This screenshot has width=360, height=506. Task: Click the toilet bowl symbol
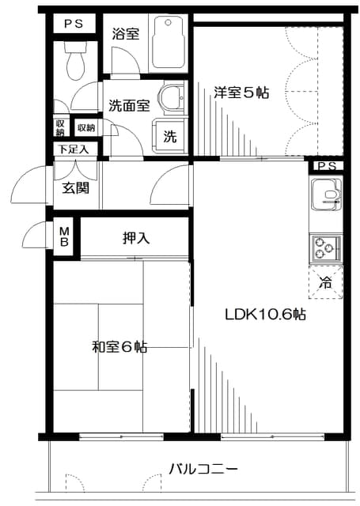click(76, 61)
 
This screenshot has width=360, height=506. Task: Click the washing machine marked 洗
click(169, 136)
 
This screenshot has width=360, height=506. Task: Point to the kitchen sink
click(325, 194)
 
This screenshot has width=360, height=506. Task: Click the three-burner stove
click(325, 248)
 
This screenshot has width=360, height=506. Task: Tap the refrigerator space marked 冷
click(325, 282)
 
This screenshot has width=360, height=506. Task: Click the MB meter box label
click(65, 236)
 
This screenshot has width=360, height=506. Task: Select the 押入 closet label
click(136, 239)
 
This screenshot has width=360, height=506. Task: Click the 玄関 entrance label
click(75, 188)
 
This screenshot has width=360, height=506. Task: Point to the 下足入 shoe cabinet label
click(74, 149)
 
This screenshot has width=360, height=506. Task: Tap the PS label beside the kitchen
click(327, 166)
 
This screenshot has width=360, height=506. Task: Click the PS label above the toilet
click(74, 24)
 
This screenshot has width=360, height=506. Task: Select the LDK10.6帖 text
click(265, 314)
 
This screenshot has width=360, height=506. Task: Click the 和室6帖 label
click(119, 347)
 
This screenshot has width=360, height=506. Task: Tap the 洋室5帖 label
click(241, 93)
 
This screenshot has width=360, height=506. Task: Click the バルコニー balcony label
click(203, 469)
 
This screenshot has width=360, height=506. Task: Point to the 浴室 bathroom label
click(126, 33)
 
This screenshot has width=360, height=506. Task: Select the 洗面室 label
click(129, 105)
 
